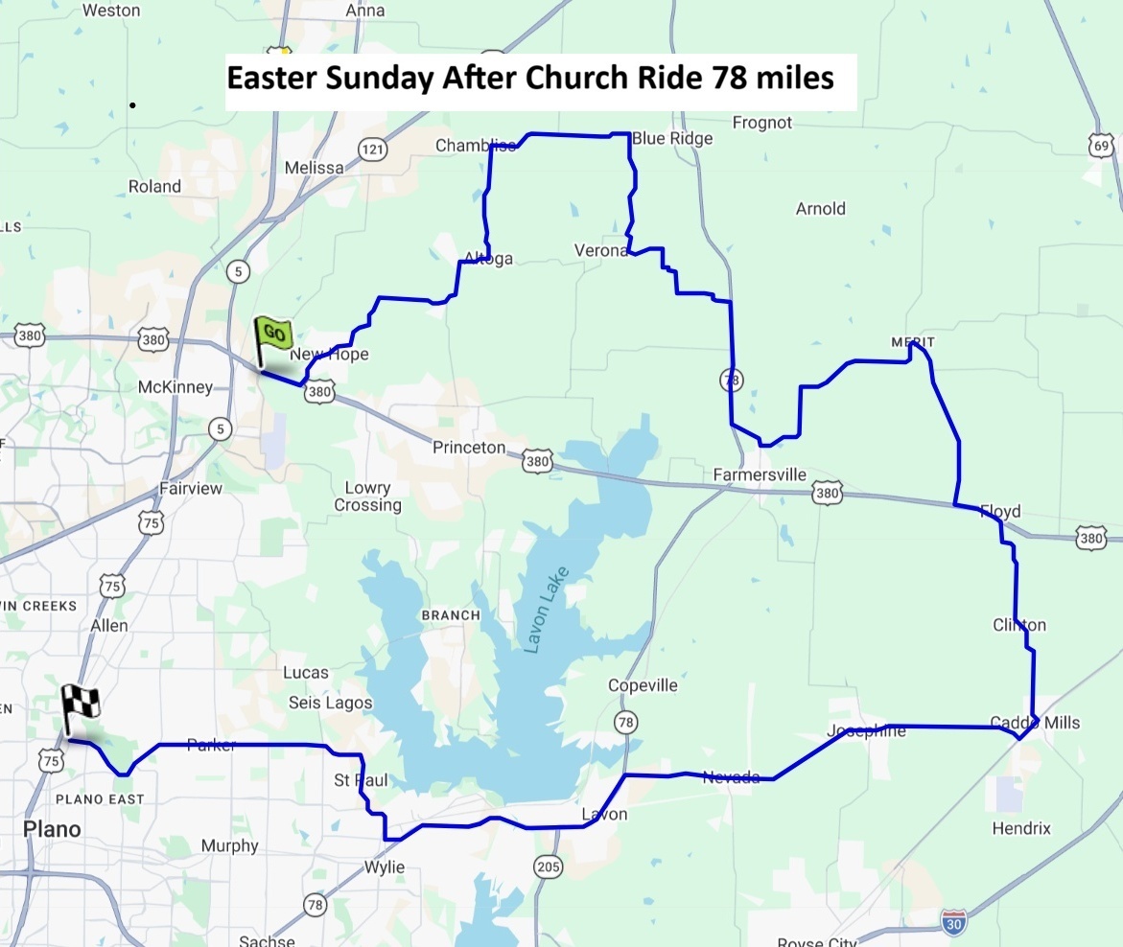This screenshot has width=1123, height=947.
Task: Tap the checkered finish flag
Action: point(81,706)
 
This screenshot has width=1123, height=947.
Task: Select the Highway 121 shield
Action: point(372,148)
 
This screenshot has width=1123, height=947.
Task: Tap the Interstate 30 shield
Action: point(953,919)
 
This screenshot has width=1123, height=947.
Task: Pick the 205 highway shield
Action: point(549,866)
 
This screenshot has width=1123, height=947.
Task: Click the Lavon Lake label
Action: point(548,610)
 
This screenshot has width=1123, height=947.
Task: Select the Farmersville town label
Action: point(760,475)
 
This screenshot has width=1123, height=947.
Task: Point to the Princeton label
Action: point(468,448)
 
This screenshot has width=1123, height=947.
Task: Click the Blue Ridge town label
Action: point(672,139)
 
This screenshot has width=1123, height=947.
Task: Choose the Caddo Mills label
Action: point(1035,723)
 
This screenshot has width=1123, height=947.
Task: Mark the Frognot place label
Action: point(762,123)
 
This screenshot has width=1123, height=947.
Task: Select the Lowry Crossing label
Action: point(367,497)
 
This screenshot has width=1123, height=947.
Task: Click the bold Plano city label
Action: point(52,829)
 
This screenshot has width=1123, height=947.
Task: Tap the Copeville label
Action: point(643,685)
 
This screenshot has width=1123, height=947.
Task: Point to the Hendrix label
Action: point(1021,828)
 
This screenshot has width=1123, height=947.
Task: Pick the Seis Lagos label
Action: point(330,703)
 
